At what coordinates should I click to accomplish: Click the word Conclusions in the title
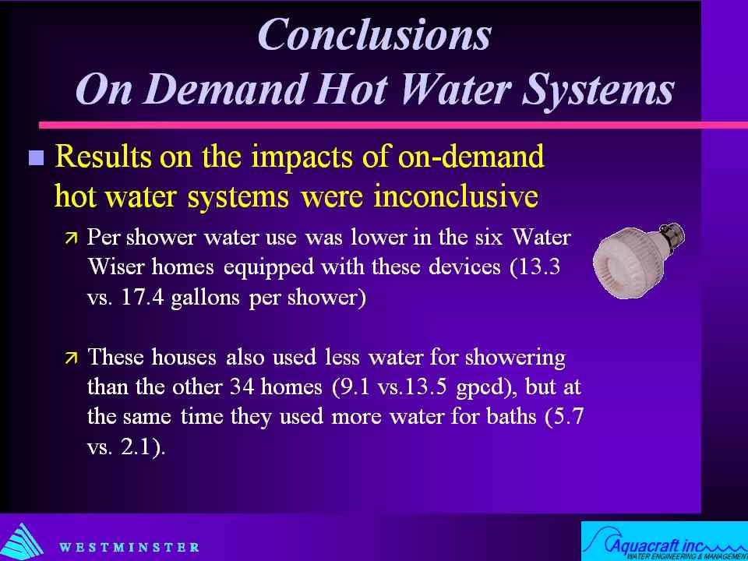click(374, 35)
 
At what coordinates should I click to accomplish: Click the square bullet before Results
click(37, 157)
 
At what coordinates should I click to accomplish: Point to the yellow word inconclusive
click(457, 196)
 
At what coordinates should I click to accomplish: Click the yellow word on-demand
click(471, 156)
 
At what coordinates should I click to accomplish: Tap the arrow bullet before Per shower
click(72, 237)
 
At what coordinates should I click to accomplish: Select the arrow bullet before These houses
click(72, 358)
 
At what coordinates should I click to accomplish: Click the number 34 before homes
click(242, 387)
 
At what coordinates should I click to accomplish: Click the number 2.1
click(136, 448)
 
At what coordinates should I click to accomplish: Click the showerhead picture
click(639, 260)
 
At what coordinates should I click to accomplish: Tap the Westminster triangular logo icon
click(22, 542)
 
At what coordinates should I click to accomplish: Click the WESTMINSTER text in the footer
click(129, 547)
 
